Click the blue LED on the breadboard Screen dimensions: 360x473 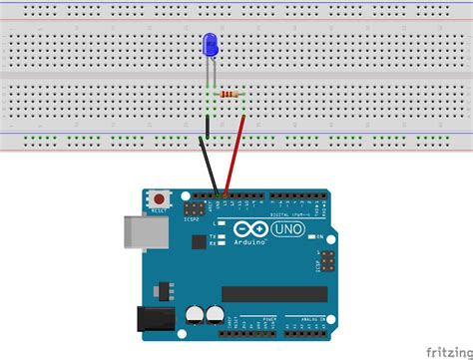(210, 45)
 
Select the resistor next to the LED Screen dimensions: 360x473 (233, 95)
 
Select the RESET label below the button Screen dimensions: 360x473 (158, 211)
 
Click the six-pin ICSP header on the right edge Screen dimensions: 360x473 (326, 263)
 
